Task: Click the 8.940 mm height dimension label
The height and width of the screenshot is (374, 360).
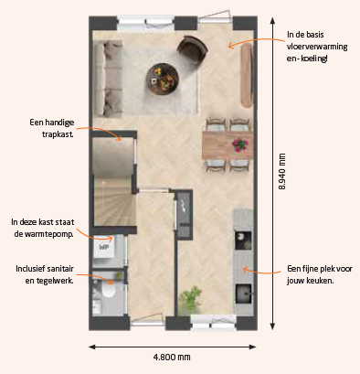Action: click(282, 172)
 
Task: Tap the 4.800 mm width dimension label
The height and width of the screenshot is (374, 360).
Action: click(172, 357)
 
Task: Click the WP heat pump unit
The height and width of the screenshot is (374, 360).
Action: click(103, 247)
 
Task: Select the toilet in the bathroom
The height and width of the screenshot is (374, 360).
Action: click(108, 289)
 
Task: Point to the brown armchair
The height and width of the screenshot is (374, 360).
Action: click(192, 49)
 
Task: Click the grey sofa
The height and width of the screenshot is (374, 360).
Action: click(108, 79)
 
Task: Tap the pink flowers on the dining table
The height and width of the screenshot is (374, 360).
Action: click(240, 144)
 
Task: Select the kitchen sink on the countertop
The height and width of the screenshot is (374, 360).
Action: click(243, 294)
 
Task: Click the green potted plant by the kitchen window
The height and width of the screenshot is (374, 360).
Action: click(190, 299)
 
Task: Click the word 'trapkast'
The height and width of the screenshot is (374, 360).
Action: click(58, 134)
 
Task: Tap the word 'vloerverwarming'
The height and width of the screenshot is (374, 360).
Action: click(317, 47)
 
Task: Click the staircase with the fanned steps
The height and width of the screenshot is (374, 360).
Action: click(114, 202)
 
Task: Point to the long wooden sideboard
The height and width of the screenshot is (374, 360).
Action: click(247, 75)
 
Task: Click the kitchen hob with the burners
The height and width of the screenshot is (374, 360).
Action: click(243, 240)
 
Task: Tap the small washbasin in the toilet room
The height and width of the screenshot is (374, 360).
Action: click(97, 305)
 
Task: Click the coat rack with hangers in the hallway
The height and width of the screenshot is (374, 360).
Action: click(184, 214)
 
